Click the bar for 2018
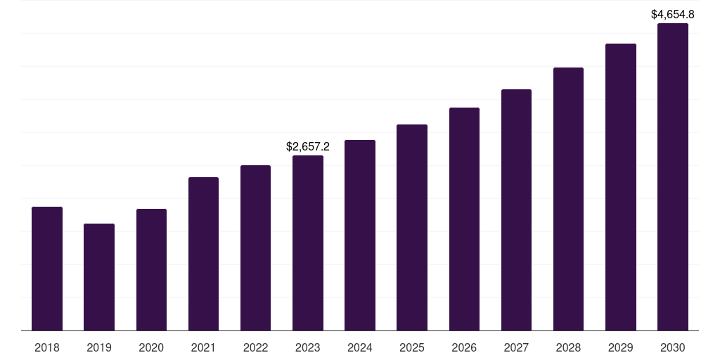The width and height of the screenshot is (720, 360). point(47,269)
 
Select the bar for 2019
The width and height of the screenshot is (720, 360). point(99,277)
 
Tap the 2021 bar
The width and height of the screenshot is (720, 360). point(203,254)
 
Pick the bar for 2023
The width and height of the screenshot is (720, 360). point(308,243)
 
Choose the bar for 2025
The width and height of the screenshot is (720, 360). point(412,227)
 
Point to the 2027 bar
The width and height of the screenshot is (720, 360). point(516,210)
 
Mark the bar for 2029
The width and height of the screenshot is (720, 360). point(621,187)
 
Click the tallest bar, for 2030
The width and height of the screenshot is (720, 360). point(673,176)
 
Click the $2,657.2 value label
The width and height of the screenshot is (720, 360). point(308,146)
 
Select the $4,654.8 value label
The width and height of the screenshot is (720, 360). point(673,14)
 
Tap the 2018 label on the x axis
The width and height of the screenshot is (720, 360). point(47,347)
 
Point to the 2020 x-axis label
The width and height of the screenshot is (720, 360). point(151,347)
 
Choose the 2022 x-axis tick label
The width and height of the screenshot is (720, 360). point(255,347)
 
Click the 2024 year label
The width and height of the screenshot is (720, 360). point(360,347)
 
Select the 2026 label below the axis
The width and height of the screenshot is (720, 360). point(464,347)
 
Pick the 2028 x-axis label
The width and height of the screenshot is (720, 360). point(568,347)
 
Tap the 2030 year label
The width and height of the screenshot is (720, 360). point(673,347)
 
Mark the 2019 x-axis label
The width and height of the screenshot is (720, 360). point(99,347)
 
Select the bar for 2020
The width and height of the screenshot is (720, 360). point(151,269)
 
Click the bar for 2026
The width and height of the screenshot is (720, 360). point(464,219)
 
